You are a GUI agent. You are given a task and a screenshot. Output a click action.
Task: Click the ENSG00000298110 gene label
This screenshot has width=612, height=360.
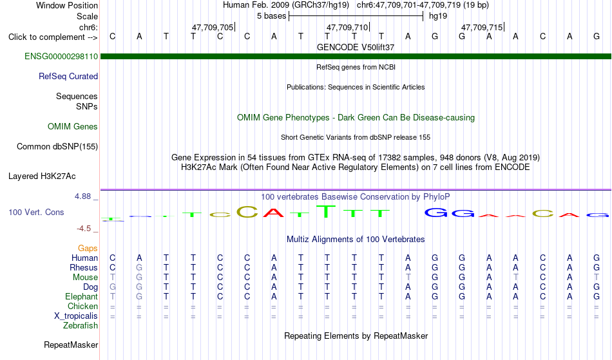point(61,56)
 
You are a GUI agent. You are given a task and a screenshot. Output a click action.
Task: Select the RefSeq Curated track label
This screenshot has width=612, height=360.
point(68,76)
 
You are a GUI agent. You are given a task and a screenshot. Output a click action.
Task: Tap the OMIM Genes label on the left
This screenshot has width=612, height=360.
point(72,126)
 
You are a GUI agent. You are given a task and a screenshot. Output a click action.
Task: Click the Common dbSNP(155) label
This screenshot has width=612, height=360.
point(57,146)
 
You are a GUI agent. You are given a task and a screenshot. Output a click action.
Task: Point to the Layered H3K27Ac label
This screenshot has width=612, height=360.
point(42,176)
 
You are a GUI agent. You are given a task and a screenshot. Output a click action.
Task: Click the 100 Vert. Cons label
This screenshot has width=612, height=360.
point(36,212)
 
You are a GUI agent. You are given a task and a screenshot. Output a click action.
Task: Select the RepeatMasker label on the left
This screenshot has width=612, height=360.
point(71,345)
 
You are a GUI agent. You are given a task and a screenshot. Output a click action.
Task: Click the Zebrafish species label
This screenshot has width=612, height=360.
point(81,325)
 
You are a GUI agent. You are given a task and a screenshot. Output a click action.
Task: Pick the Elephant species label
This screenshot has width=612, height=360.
point(81,296)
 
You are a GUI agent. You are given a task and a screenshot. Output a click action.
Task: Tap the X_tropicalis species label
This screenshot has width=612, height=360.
point(76,316)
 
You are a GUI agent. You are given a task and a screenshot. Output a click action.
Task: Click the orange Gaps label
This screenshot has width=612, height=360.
point(88,248)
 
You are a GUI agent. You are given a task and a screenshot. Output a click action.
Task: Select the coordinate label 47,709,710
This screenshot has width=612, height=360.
point(347,27)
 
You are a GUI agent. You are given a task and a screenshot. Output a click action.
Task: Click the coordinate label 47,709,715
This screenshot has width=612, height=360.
point(482,27)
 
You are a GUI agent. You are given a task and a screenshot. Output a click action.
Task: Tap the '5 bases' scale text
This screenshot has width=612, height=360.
point(271,16)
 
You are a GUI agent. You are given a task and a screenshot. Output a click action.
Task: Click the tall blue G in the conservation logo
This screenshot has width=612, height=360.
point(436,212)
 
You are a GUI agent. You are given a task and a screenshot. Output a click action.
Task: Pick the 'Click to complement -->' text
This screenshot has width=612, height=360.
point(53,37)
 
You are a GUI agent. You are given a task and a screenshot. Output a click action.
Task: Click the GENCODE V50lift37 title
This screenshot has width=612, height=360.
point(356,47)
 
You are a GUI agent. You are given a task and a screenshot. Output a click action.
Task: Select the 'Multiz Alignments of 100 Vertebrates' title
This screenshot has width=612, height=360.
point(356,239)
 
